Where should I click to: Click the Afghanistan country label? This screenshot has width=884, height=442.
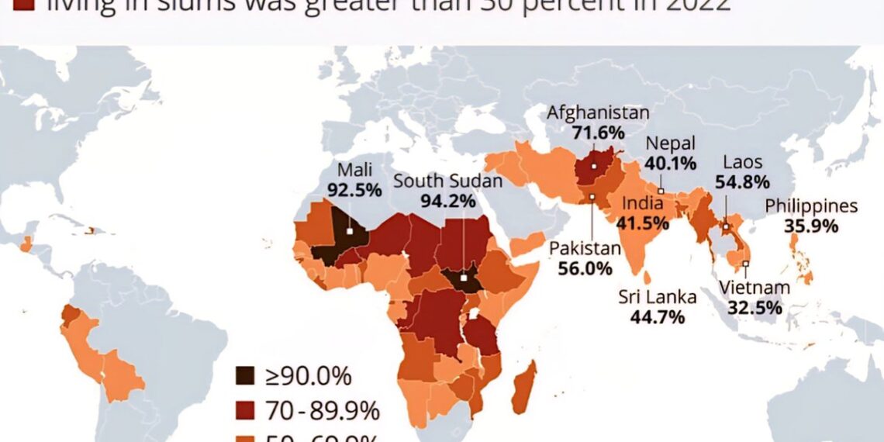(x=598, y=112)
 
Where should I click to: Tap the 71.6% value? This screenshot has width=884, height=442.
(x=598, y=132)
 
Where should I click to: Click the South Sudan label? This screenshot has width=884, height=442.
(x=448, y=181)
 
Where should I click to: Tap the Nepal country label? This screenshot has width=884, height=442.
(x=671, y=143)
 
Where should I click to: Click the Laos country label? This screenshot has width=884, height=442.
(x=743, y=163)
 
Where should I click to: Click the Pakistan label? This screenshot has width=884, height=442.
(x=585, y=248)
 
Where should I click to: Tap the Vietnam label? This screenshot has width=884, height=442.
(x=754, y=288)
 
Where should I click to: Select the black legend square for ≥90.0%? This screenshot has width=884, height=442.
(x=244, y=377)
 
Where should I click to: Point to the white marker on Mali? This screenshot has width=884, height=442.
(x=350, y=230)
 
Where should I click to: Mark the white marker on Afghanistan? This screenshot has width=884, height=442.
(x=594, y=166)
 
